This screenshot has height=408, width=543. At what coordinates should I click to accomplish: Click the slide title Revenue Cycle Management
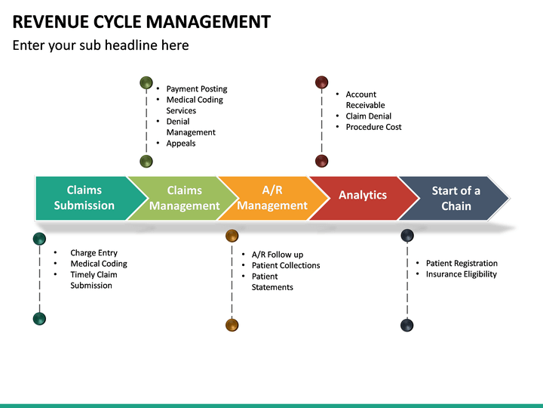click(x=142, y=21)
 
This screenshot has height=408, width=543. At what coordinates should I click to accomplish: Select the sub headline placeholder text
click(x=100, y=45)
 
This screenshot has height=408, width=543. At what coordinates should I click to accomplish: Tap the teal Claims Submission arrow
click(x=84, y=198)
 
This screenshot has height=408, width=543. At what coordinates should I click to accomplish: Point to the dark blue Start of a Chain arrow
click(x=456, y=198)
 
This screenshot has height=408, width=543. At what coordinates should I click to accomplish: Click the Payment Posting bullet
click(x=196, y=89)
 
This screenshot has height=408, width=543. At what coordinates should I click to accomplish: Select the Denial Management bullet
click(x=191, y=127)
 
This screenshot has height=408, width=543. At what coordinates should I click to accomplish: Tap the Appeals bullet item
click(x=180, y=144)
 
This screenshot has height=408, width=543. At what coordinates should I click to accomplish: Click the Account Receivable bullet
click(x=365, y=100)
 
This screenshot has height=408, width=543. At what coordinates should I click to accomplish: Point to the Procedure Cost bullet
click(x=373, y=127)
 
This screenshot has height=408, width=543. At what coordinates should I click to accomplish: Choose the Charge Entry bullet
click(x=94, y=253)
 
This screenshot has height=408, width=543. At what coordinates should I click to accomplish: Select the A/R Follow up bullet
click(x=277, y=255)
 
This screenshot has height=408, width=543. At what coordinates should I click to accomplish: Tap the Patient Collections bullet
click(x=286, y=265)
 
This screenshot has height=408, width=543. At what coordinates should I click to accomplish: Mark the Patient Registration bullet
click(x=462, y=263)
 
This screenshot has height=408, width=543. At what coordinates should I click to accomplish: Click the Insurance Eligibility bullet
click(x=461, y=274)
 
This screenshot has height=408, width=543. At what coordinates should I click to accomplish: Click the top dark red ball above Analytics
click(x=321, y=82)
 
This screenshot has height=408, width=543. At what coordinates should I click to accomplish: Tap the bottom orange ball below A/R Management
click(x=232, y=325)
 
